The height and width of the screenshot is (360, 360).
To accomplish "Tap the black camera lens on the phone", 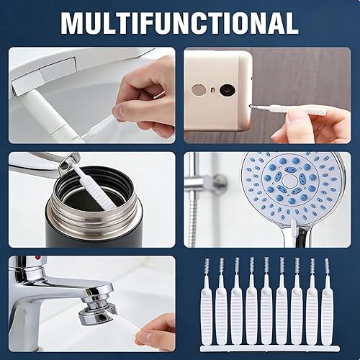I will (227, 90).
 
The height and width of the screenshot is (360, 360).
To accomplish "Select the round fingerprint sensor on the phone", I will (199, 90).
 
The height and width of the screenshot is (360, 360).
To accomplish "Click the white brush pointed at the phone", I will (288, 109).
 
